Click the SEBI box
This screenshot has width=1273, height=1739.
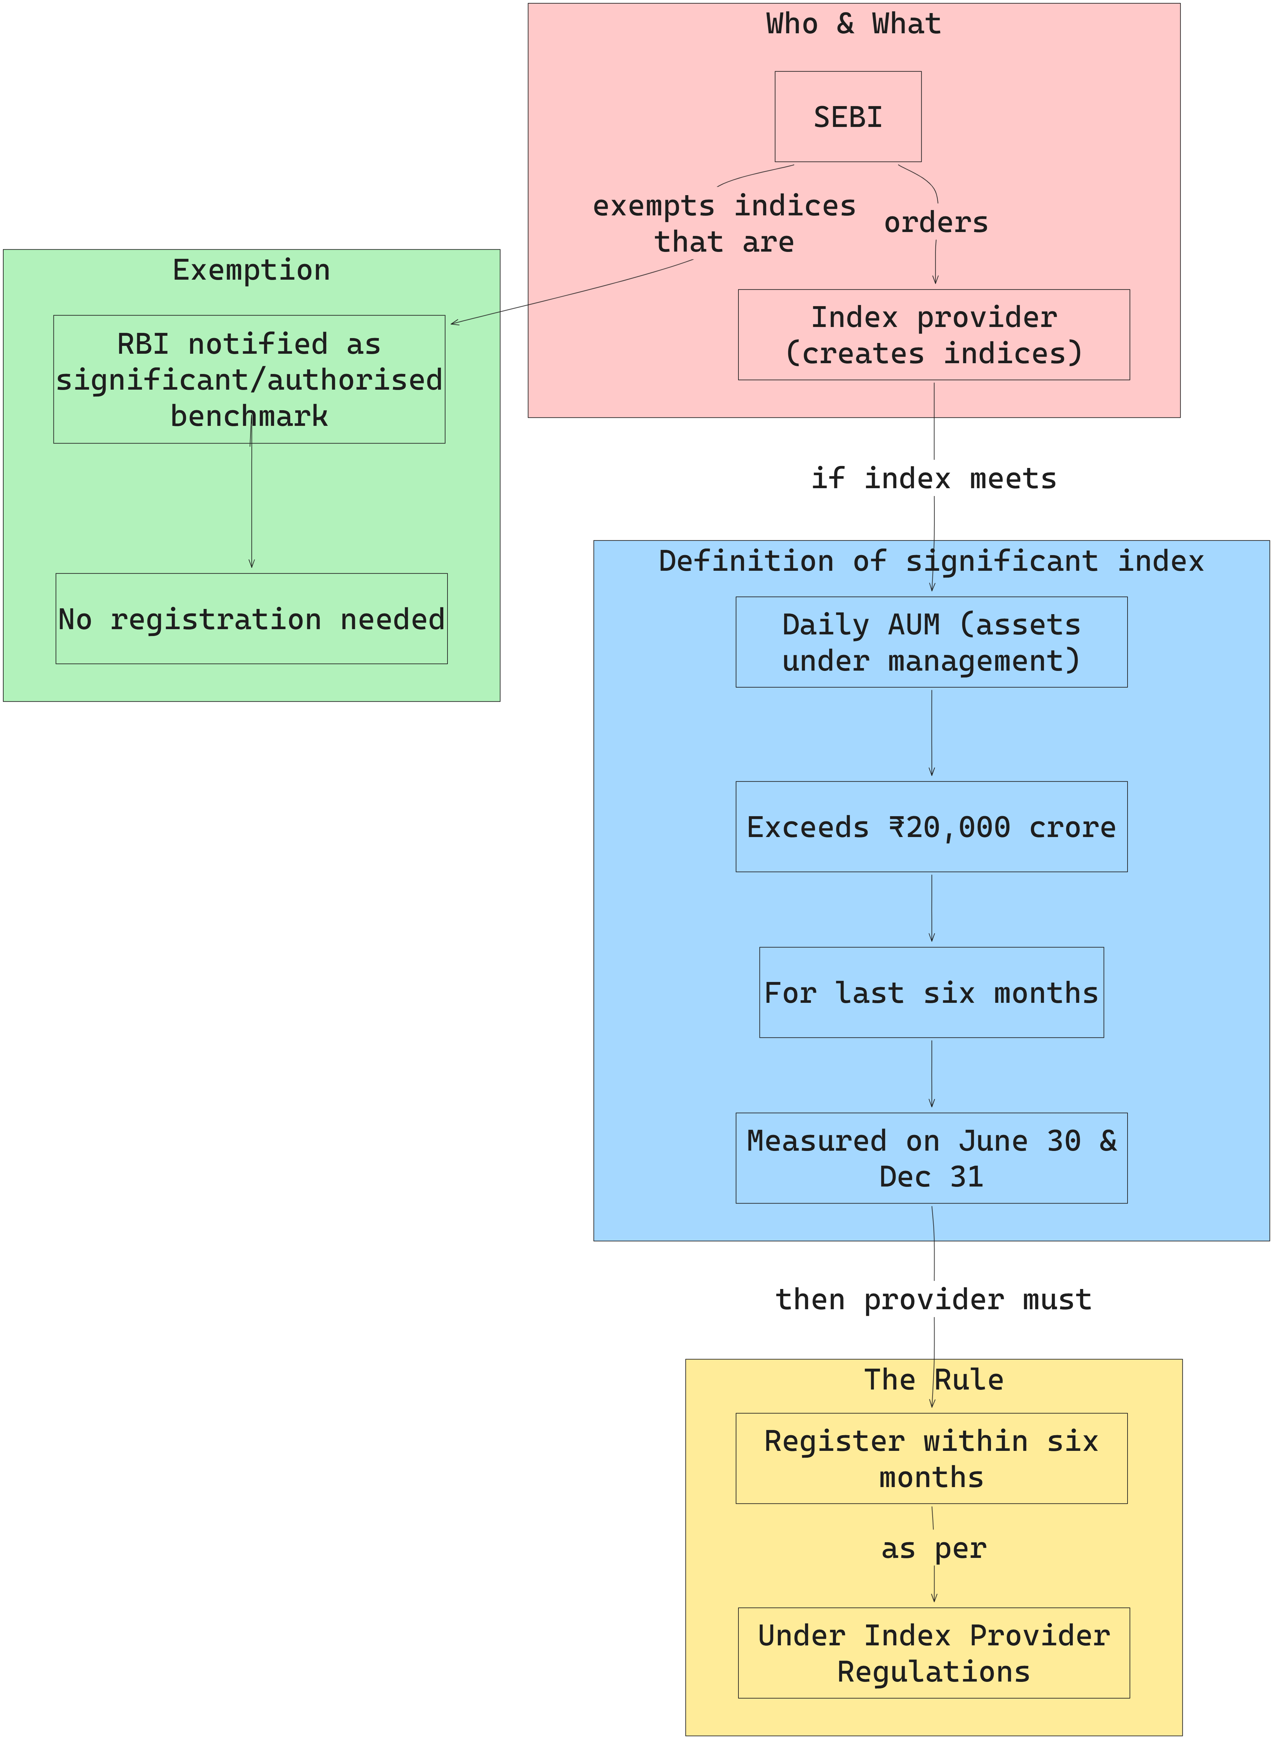tap(848, 116)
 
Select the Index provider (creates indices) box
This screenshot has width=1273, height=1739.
tap(934, 334)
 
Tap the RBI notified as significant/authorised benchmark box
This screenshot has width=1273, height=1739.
tap(249, 379)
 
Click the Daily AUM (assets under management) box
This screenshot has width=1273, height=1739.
tap(932, 642)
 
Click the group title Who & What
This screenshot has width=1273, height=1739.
tap(854, 24)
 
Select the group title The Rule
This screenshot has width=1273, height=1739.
tap(934, 1380)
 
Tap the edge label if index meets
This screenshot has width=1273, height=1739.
tap(934, 479)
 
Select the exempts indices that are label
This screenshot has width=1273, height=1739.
tap(724, 224)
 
